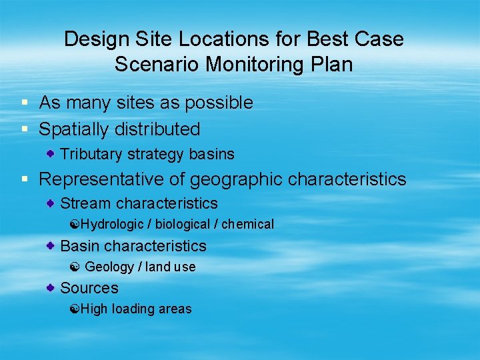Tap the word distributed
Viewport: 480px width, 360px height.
163,129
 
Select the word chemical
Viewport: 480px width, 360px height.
247,225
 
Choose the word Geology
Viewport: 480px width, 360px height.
109,267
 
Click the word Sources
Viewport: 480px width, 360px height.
89,288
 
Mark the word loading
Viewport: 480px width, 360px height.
133,309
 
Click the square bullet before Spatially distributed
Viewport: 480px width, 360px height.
24,128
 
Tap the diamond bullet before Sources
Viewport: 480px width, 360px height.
51,287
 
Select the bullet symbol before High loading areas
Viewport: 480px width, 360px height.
75,309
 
